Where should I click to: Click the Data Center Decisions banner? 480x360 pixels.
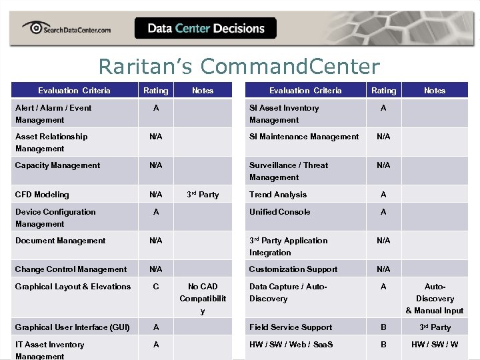(205, 28)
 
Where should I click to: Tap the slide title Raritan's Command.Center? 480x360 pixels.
(239, 67)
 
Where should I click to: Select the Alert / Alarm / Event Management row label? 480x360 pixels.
(53, 114)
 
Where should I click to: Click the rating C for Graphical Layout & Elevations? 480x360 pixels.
(155, 287)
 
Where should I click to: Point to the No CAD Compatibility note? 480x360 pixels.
(203, 299)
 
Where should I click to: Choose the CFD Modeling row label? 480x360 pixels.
(42, 195)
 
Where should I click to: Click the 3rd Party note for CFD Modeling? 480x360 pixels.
(203, 195)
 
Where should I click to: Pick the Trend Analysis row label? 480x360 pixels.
(278, 195)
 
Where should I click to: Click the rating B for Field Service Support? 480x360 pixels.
(383, 327)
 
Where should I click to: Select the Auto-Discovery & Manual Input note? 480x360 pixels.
(435, 299)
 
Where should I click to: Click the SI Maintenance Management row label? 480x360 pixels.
(304, 137)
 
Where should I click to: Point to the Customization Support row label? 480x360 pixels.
(293, 269)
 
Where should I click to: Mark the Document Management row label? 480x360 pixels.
(61, 241)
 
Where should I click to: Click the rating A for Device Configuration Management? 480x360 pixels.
(155, 212)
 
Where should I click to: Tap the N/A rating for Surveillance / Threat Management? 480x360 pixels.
(383, 165)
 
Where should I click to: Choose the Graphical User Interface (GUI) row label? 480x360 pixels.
(73, 327)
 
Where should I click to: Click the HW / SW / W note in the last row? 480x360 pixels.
(435, 345)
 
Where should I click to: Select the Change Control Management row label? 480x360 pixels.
(71, 269)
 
